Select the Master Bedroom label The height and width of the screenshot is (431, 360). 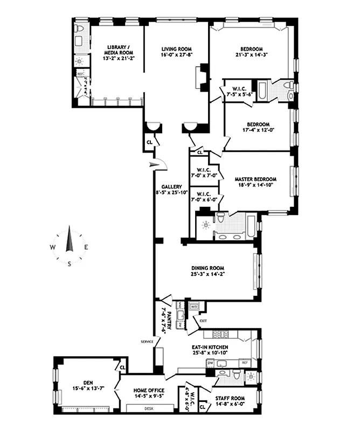click(255, 179)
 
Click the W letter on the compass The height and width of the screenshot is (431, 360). click(52, 247)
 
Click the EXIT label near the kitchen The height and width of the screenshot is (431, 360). click(203, 321)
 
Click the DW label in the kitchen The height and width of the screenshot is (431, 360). click(210, 364)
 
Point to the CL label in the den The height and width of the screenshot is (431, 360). click(122, 368)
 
